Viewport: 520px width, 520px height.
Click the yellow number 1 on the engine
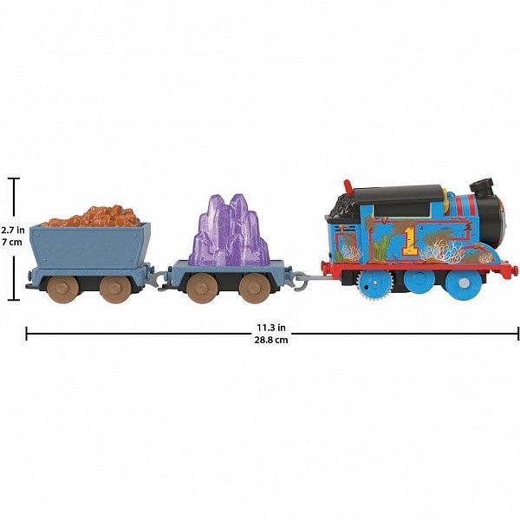point(410,242)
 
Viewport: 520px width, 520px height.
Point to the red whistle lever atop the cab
point(348,187)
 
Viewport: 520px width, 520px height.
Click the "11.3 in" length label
point(271,328)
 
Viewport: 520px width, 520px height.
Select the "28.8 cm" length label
point(271,340)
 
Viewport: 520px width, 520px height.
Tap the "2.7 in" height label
point(13,230)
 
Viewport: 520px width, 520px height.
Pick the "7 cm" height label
point(12,242)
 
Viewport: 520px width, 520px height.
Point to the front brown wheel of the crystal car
point(253,289)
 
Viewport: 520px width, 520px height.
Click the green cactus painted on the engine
point(382,248)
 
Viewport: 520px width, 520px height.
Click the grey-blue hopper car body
point(90,245)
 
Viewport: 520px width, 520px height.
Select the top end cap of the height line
point(14,179)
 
